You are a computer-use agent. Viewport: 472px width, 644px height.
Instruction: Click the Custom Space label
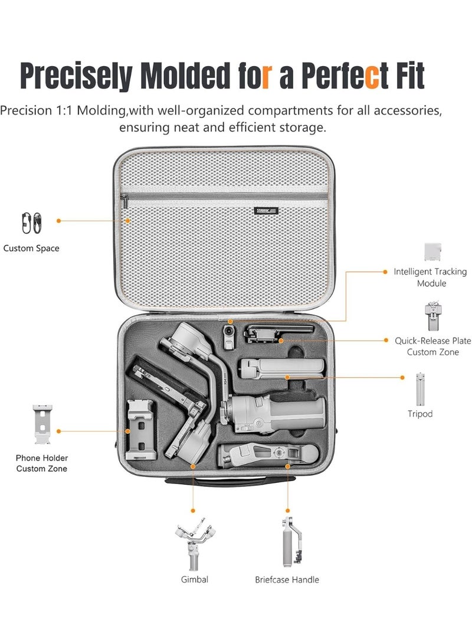31,249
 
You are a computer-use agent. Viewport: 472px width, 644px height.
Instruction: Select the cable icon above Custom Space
31,223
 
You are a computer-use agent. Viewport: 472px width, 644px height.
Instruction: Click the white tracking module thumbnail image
432,251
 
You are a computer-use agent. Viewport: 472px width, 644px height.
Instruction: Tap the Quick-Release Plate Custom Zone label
432,346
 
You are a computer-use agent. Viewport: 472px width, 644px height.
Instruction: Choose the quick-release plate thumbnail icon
432,318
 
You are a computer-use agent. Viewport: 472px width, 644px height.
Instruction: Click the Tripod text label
419,414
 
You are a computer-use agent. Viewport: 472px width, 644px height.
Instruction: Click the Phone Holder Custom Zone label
42,463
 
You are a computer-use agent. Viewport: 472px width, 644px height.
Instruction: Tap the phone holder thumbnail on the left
42,425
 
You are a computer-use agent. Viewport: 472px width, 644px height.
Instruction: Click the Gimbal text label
194,580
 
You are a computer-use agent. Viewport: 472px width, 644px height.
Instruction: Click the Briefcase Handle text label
287,580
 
